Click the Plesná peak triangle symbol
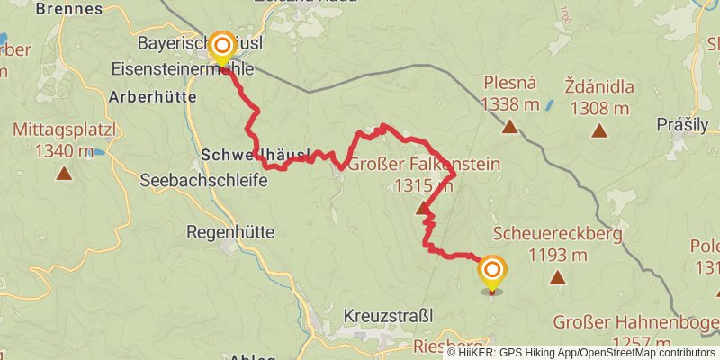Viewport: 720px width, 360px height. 510,127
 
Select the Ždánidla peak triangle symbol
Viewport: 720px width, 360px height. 598,130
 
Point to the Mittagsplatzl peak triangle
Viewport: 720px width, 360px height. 64,172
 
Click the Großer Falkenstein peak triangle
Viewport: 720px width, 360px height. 422,210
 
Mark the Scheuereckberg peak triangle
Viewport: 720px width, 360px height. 558,278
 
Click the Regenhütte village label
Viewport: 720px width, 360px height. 229,231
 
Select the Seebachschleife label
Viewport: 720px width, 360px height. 203,180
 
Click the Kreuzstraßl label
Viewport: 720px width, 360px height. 388,316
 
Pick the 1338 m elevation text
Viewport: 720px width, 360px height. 510,104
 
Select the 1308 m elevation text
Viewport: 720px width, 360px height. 598,109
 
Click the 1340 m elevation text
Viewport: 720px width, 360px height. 64,150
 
